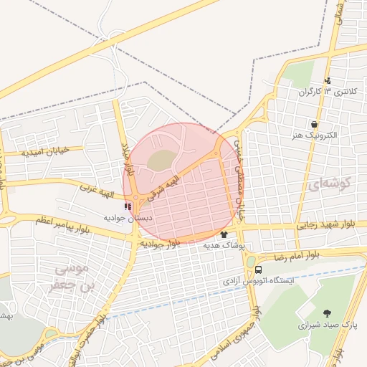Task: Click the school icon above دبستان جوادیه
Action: [128, 207]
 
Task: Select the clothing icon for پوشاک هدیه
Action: [224, 234]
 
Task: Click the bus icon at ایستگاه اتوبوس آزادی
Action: [258, 270]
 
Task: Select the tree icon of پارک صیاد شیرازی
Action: [327, 313]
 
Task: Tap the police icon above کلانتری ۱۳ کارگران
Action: [328, 80]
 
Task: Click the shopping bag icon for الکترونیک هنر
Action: [314, 124]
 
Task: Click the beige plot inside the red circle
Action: [163, 160]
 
